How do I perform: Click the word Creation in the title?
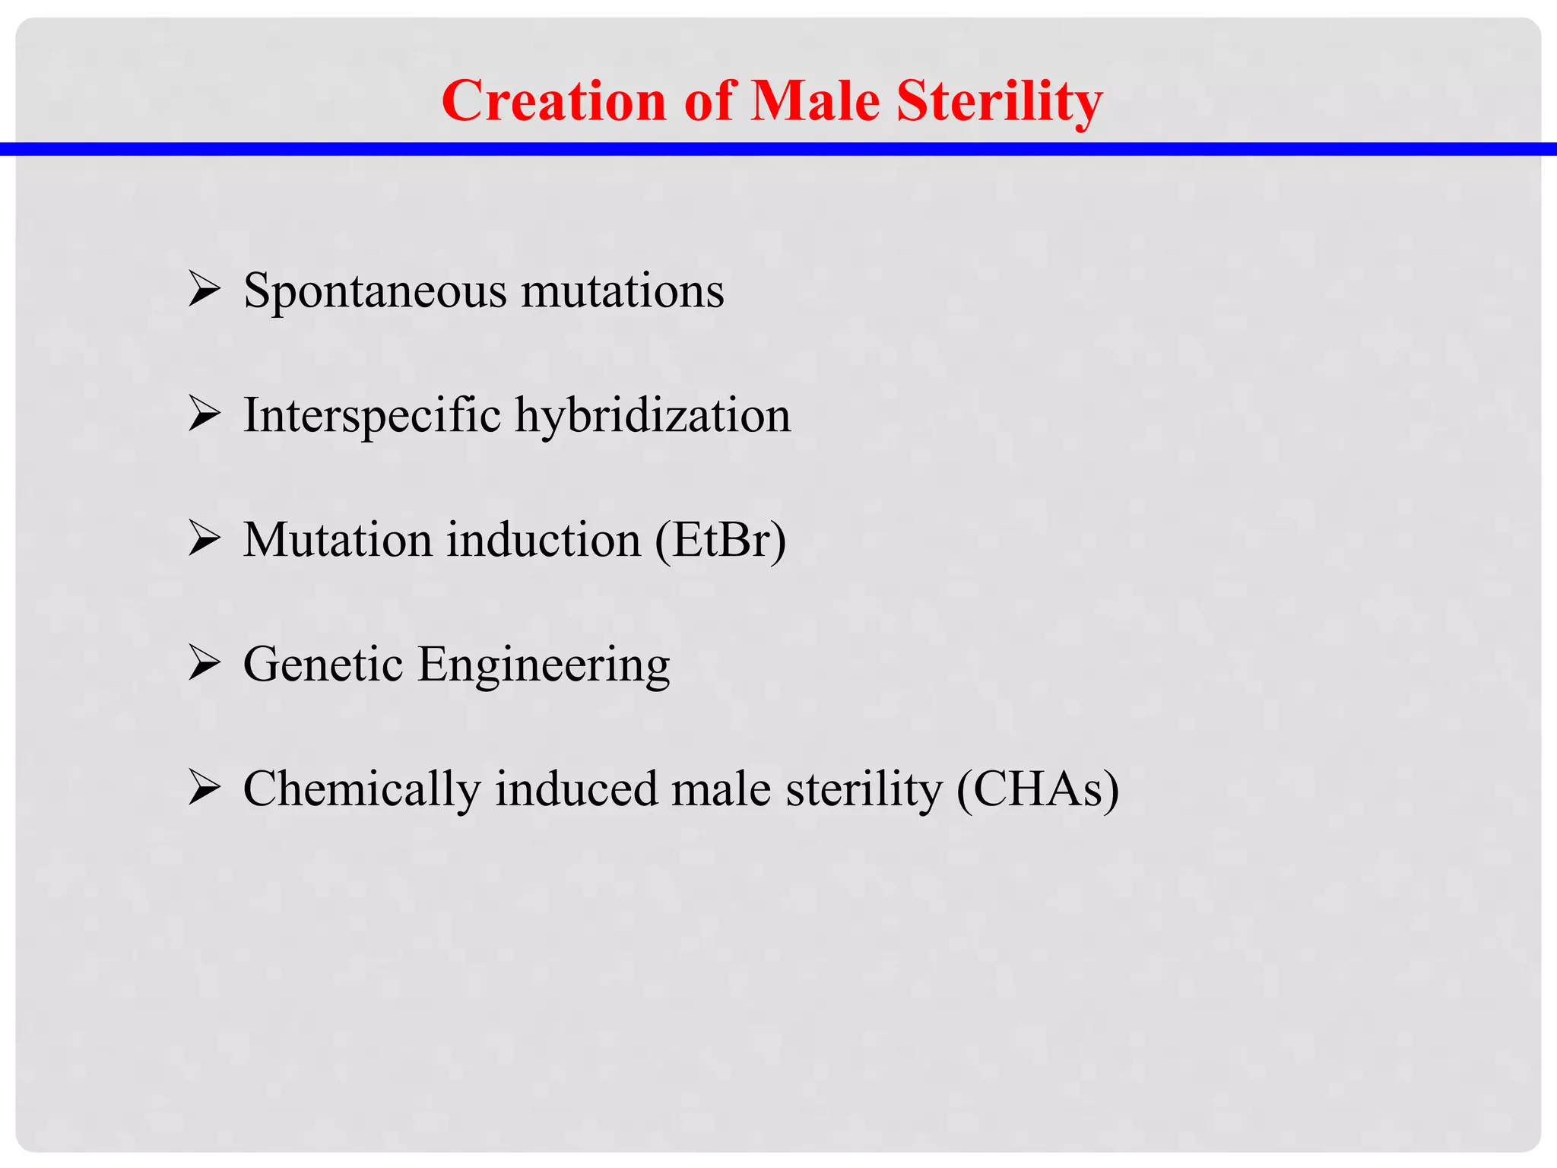point(553,100)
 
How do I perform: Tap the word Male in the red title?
point(815,100)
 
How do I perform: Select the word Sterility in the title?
point(999,102)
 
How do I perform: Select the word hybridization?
point(653,416)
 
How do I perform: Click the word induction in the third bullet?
point(544,540)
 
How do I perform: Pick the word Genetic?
point(322,665)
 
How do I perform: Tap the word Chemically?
point(361,789)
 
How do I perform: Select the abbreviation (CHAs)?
point(1038,789)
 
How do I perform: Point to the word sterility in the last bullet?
point(864,789)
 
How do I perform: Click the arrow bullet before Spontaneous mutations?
point(204,290)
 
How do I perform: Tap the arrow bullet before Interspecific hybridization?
point(204,415)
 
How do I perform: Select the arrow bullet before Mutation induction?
point(204,540)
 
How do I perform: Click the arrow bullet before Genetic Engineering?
point(204,664)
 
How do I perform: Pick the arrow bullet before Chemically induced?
point(204,789)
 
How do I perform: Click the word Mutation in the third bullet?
point(337,540)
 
